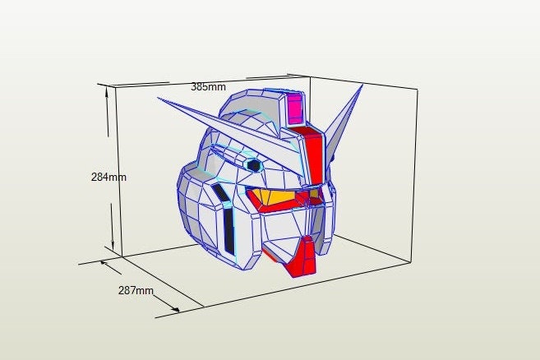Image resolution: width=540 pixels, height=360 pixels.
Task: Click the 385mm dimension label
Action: pos(208,86)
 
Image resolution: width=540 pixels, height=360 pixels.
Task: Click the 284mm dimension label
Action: pos(108,176)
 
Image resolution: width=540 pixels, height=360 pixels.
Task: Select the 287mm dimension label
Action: pos(136,290)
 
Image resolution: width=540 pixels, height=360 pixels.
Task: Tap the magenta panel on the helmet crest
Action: pos(295,107)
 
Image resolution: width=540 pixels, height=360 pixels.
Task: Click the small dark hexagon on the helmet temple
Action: pos(254,165)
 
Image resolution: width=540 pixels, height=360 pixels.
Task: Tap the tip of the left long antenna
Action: pos(159,100)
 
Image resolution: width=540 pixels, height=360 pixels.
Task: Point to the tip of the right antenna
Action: pos(362,85)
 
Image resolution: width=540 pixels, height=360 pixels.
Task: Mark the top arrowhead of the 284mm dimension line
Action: pos(107,90)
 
